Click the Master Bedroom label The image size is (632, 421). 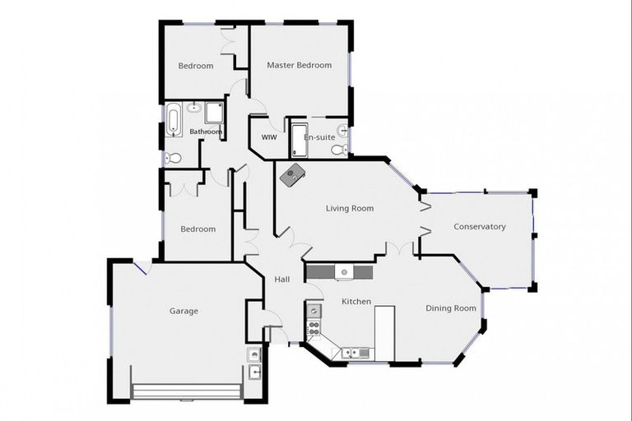299,65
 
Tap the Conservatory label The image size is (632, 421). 479,227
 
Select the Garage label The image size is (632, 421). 184,311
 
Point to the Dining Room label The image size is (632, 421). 450,308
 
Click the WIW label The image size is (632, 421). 268,137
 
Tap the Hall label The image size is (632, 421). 282,280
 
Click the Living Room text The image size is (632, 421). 349,208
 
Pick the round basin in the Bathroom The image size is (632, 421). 193,107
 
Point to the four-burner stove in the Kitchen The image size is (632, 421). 314,331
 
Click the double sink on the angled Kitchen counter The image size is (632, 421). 356,353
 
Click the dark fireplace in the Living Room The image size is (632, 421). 293,173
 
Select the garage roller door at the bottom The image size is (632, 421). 188,391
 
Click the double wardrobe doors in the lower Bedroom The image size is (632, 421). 185,187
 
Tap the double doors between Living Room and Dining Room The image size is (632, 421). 400,248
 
